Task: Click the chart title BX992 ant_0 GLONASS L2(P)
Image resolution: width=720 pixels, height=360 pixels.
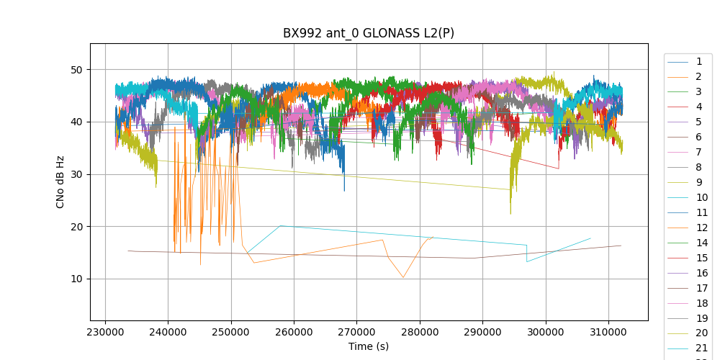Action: pos(368,33)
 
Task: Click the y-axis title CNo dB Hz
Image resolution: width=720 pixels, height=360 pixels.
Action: pos(60,181)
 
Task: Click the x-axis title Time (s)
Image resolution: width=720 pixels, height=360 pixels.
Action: pos(368,346)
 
